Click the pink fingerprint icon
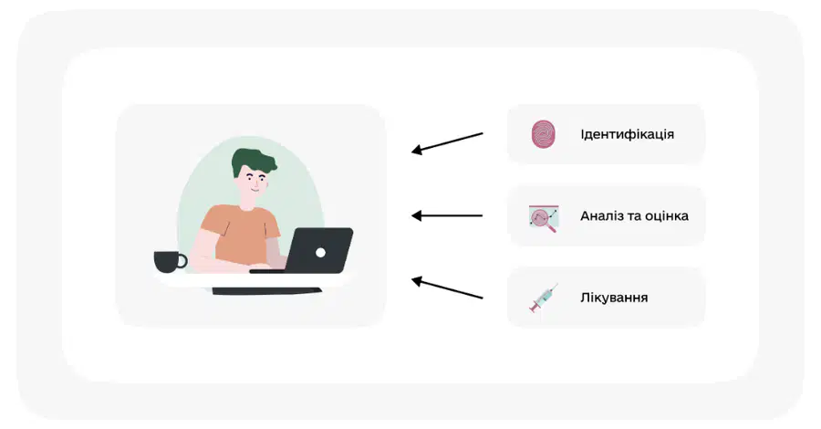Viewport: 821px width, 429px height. (544, 134)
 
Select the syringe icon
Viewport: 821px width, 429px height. (544, 298)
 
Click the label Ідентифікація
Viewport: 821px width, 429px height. (627, 134)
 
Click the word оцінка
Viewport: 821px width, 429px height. (667, 215)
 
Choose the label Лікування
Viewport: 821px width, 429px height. (614, 298)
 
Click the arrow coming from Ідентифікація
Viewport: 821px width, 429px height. (447, 143)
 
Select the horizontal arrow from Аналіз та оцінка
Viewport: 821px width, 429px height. (447, 215)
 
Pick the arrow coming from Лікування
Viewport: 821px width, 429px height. (447, 288)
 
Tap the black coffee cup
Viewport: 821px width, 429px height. (169, 261)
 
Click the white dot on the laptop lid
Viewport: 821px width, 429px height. (320, 253)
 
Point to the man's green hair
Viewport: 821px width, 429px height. (253, 162)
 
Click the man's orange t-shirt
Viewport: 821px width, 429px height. (238, 234)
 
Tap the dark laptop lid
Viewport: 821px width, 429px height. (319, 250)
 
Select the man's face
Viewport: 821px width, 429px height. (254, 183)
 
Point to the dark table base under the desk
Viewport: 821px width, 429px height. (267, 290)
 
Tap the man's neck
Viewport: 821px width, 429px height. (247, 203)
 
